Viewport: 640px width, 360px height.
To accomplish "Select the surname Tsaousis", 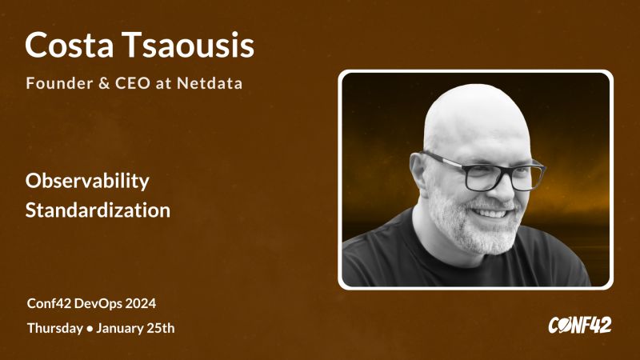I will (x=189, y=46).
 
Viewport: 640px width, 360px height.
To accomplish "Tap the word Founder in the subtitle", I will (x=58, y=83).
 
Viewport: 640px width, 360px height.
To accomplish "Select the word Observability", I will (x=87, y=182).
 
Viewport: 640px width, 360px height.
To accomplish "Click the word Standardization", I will (x=98, y=211).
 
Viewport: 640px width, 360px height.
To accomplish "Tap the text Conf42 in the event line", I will (x=50, y=304).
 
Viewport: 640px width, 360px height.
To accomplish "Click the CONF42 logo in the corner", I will (x=579, y=325).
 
